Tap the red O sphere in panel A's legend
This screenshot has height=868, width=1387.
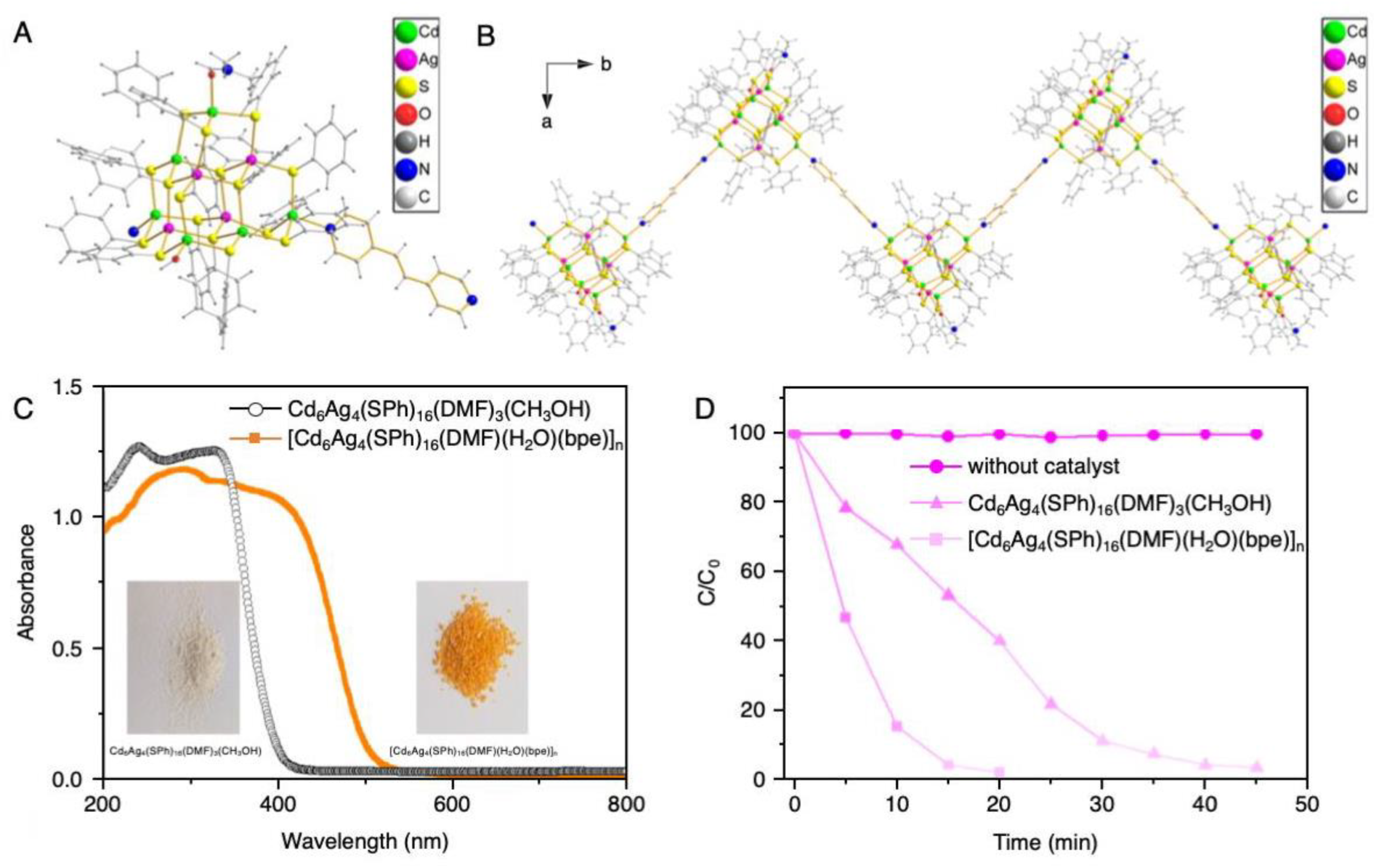(x=405, y=114)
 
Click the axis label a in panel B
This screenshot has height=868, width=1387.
(x=547, y=122)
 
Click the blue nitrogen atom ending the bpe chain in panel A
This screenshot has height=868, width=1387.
(x=471, y=299)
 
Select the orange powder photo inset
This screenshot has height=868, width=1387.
(x=471, y=657)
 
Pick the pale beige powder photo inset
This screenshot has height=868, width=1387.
(x=182, y=657)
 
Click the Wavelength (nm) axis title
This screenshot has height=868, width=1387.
(x=365, y=842)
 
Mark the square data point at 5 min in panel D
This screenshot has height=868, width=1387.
(x=846, y=617)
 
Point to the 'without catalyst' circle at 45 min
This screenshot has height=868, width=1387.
(x=1256, y=434)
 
